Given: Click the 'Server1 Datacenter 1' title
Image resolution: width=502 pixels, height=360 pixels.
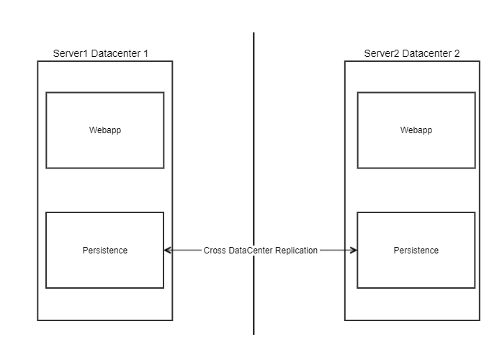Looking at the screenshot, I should tap(102, 54).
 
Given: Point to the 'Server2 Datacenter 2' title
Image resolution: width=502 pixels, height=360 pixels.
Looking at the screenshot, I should tap(412, 54).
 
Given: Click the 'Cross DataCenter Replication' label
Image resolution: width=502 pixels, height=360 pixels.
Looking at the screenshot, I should tap(261, 251).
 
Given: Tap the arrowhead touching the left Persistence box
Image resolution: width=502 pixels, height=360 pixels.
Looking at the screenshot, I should tap(168, 251).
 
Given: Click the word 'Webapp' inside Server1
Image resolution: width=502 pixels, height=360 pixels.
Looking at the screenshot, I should tap(104, 130).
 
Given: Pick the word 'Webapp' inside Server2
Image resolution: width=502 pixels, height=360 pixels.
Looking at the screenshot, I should tap(416, 130).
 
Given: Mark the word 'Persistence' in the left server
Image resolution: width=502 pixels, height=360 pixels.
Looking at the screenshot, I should tap(104, 251).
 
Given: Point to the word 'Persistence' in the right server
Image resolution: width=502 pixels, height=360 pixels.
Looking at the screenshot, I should tap(416, 251).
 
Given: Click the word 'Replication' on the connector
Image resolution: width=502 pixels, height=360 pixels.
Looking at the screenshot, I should tap(296, 251).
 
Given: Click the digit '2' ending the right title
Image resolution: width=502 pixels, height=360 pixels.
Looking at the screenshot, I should tap(456, 54).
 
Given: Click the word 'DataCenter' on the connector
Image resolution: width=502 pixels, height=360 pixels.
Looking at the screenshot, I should tap(251, 251).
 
